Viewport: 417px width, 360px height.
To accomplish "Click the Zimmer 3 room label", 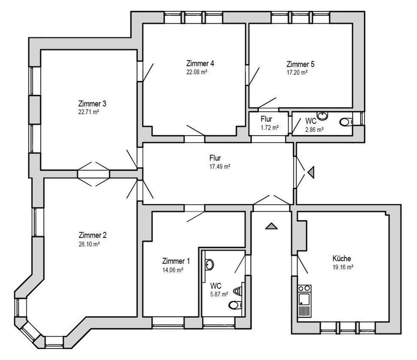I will tap(92, 104).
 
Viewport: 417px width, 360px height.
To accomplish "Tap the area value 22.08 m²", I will tap(196, 72).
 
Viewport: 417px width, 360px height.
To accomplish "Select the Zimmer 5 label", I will tap(300, 64).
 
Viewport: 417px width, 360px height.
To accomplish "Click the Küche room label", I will tap(342, 258).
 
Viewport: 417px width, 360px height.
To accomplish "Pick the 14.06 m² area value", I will tap(172, 270).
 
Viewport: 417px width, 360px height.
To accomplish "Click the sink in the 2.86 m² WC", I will tap(322, 116).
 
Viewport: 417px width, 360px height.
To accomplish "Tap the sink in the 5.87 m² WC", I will tap(209, 264).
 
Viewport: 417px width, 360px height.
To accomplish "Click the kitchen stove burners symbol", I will tap(304, 288).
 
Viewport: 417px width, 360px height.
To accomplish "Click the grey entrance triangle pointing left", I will tap(310, 173).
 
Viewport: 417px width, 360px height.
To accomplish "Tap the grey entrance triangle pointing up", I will tap(271, 226).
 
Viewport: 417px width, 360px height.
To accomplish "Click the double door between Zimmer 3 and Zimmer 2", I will tap(93, 174).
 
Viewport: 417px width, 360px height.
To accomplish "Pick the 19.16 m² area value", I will tap(343, 267).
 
